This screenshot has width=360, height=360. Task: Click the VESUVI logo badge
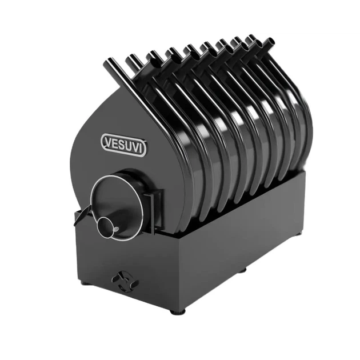point(123,145)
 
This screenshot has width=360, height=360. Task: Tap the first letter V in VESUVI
point(109,142)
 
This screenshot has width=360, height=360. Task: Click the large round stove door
point(117,208)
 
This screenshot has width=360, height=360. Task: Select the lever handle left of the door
point(82,214)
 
